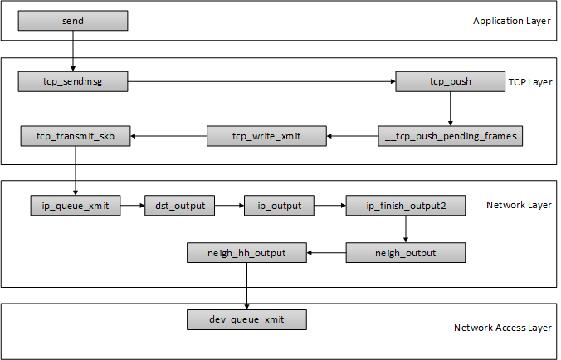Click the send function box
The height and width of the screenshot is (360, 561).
click(x=73, y=20)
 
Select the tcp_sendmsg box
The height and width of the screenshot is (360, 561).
click(x=72, y=81)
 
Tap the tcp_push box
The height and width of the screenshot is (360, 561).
click(x=450, y=81)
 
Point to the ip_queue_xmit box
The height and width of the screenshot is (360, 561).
click(x=75, y=205)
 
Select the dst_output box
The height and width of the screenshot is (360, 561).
click(x=180, y=205)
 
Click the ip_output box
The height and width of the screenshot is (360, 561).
click(x=280, y=205)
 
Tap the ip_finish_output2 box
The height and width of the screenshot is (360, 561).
click(x=406, y=205)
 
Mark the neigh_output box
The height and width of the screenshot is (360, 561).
click(x=406, y=252)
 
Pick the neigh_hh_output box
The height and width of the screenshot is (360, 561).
click(x=246, y=252)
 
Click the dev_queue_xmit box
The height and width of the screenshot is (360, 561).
click(x=246, y=319)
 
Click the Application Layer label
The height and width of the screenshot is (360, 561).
click(x=512, y=21)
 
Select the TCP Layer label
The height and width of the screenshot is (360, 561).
click(x=530, y=82)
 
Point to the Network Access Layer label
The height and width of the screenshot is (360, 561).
click(x=502, y=328)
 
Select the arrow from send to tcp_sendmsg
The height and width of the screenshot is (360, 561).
click(x=73, y=50)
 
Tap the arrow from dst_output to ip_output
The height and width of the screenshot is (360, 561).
click(x=230, y=205)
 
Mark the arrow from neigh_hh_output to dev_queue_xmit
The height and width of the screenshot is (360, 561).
click(x=246, y=285)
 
